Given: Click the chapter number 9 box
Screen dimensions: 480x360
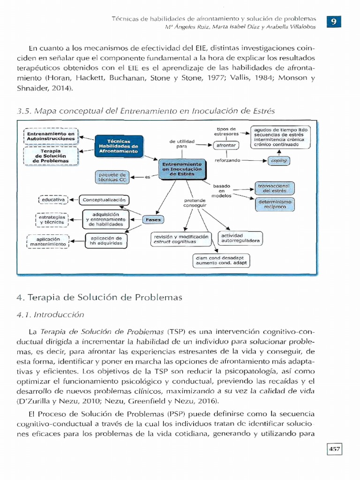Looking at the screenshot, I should [334, 22].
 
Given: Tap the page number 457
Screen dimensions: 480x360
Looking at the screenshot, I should [334, 450].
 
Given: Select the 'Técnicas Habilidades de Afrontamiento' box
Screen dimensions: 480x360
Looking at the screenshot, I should [119, 146].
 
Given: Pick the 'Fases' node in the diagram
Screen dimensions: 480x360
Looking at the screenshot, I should [153, 219].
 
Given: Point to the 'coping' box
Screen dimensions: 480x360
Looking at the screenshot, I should [279, 160].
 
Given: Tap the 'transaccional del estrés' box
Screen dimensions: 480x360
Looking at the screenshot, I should [274, 188].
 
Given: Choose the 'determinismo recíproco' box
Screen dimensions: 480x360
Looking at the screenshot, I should [275, 204].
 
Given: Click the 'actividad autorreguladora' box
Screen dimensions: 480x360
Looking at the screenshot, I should [240, 238].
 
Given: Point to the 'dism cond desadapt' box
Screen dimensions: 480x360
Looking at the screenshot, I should [220, 261].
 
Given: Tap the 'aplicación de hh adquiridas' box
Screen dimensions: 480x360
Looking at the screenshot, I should [106, 241].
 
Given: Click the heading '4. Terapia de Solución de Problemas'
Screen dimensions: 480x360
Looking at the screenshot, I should [105, 297].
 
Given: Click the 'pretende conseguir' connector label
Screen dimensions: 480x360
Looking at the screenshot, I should [195, 203].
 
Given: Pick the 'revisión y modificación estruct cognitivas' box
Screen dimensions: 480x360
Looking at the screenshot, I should [181, 240].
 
